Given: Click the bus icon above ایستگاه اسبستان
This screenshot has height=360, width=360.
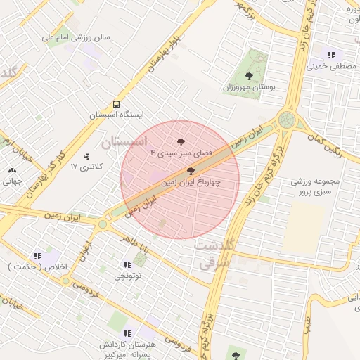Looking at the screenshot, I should [117, 103].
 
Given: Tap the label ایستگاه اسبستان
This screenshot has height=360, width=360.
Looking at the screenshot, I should [117, 114].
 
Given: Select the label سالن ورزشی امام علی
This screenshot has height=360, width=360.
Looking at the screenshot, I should [77, 37].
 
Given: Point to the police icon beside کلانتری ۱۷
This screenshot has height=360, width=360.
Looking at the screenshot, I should [86, 155].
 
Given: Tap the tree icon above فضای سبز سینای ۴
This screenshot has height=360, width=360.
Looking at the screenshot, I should [181, 141].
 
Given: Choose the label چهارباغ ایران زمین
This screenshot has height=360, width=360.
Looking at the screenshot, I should [191, 181].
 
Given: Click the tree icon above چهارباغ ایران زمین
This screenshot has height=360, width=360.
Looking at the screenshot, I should [191, 171].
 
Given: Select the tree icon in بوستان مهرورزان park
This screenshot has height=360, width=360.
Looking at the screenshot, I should [248, 76].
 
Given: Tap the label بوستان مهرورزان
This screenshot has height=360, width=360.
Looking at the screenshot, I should [248, 87].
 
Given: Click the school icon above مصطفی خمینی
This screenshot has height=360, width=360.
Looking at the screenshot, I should [330, 56].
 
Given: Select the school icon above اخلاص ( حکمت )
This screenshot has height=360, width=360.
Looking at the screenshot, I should [37, 257].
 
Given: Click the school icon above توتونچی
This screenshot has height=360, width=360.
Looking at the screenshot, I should [127, 265].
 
